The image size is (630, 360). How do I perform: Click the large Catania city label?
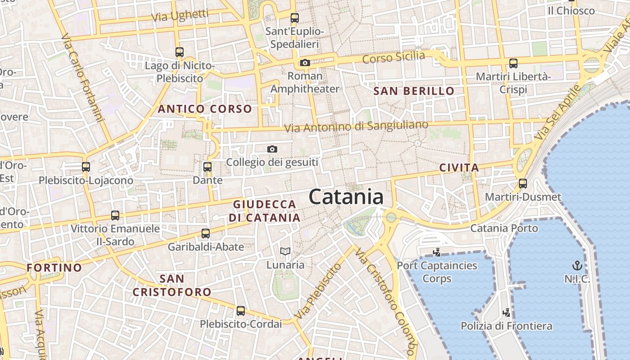346,197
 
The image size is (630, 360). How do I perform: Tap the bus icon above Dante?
207,167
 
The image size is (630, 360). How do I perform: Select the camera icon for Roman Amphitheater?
305,63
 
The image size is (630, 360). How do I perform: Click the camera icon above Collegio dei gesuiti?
272,149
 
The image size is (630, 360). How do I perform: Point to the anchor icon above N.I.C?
576,265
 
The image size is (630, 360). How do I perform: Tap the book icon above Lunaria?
285,251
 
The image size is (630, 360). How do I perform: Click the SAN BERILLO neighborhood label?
414,91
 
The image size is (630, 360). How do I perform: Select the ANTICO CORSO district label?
205,109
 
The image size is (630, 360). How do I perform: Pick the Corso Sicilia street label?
393,57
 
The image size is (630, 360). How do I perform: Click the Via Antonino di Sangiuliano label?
356,126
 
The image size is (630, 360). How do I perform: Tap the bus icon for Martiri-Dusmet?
522,184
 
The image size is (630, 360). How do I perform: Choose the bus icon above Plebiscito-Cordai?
241,310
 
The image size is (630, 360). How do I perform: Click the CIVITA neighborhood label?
459,168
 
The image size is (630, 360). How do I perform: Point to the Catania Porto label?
504,228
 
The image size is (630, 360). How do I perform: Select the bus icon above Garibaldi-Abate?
206,233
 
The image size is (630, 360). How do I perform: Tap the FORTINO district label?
54,268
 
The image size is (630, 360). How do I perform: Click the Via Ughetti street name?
180,16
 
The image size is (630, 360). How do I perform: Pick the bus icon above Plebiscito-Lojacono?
86,167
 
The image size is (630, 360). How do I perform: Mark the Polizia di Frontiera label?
506,325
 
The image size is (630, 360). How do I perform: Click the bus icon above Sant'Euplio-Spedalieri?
295,18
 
